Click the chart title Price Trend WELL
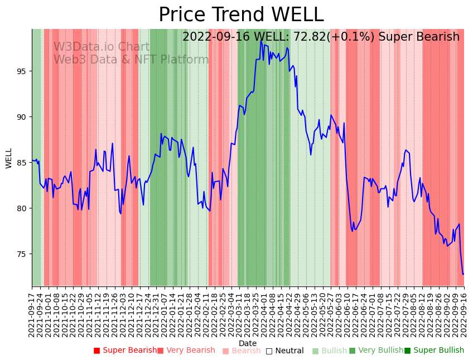click(241, 15)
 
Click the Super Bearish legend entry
click(129, 351)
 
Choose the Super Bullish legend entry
click(438, 351)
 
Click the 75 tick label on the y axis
click(22, 254)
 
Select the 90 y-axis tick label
click(22, 117)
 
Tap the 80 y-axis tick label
click(22, 208)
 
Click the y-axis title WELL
click(9, 158)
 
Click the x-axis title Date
click(248, 343)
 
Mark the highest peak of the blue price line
click(261, 41)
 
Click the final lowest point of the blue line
click(463, 274)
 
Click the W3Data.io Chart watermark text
click(102, 47)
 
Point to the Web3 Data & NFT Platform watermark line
click(131, 60)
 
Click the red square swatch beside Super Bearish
click(96, 351)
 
